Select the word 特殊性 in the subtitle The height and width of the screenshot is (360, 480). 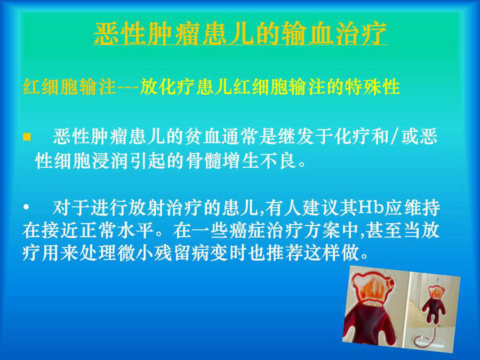tap(372, 86)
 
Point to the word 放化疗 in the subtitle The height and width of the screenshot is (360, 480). tap(167, 86)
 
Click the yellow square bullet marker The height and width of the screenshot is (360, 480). tap(27, 136)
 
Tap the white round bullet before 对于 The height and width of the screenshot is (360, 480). tap(26, 208)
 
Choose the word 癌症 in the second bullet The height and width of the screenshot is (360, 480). tap(247, 231)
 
